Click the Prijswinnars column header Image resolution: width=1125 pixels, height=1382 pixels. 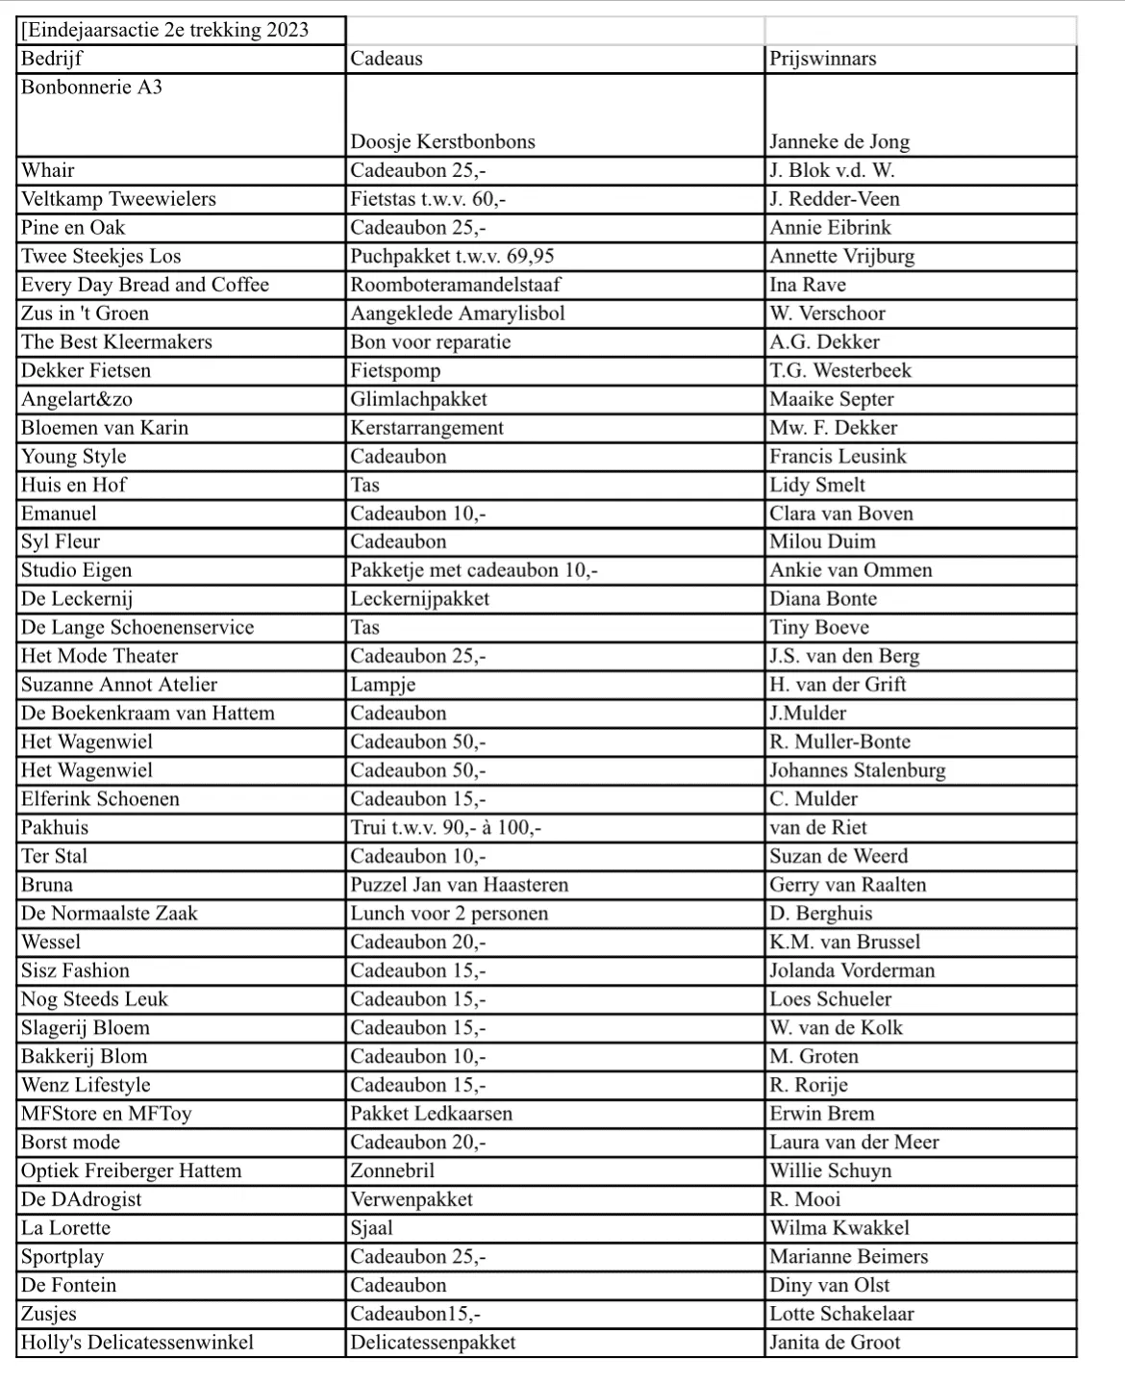(x=822, y=59)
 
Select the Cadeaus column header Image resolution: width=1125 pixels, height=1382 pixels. (x=387, y=59)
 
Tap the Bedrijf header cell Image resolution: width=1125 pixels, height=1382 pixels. (x=52, y=59)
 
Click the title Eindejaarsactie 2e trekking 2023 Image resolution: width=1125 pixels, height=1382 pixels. (x=164, y=30)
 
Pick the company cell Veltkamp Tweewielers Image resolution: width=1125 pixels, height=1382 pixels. (x=118, y=199)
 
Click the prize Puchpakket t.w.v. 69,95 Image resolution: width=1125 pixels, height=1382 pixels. (x=452, y=257)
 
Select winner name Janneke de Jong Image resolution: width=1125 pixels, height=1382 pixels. (x=838, y=142)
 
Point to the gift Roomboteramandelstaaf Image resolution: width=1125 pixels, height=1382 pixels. (x=455, y=285)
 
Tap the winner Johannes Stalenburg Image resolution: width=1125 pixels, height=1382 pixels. (x=857, y=770)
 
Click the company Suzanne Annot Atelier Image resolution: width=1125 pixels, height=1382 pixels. (x=119, y=685)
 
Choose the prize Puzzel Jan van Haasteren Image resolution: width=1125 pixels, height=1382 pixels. (x=459, y=885)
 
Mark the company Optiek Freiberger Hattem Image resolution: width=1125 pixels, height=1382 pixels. (x=131, y=1171)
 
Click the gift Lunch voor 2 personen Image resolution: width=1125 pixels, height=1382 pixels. (x=449, y=914)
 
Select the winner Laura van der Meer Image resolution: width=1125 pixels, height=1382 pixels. (x=854, y=1143)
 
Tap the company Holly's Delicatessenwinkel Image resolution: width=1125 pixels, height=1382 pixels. (x=137, y=1343)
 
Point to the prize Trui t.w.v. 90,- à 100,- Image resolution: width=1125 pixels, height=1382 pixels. (x=445, y=828)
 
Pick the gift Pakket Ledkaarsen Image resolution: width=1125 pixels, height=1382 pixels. (x=431, y=1114)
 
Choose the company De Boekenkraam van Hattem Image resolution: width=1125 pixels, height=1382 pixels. (x=148, y=714)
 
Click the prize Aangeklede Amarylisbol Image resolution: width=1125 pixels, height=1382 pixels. (x=457, y=314)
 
